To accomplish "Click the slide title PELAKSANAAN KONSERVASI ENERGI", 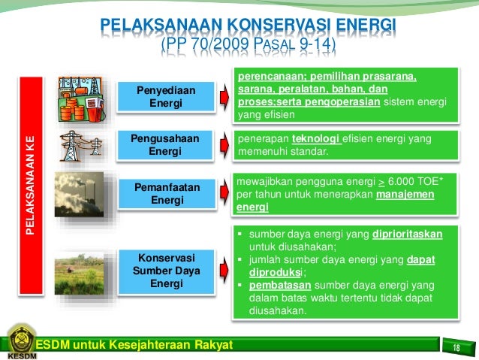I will [249, 29].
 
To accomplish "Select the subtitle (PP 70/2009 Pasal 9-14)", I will [249, 48].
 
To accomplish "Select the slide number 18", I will [456, 346].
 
